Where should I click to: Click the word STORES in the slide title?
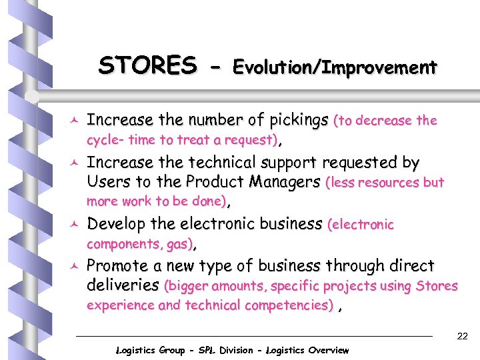coord(147,66)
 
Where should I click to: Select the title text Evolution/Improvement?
coord(334,67)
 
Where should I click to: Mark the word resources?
coord(387,183)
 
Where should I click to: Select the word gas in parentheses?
coord(178,245)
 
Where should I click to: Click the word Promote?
coord(119,266)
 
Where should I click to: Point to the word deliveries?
coord(123,286)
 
